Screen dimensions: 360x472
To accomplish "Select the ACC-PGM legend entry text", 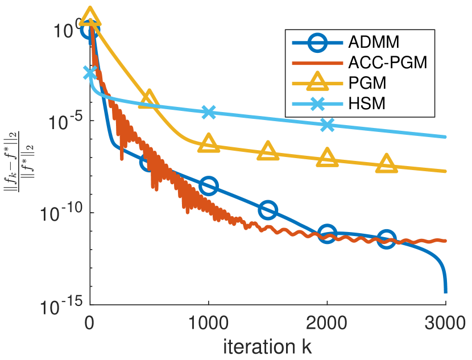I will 387,63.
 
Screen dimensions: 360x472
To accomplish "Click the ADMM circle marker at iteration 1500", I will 268,210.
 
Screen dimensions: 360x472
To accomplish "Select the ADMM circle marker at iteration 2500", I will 387,239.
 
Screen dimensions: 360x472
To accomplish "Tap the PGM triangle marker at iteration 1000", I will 209,143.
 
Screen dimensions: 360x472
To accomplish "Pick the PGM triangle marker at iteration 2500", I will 387,163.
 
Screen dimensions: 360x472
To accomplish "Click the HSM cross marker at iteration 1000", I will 209,111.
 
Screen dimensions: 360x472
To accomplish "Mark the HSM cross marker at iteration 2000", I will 327,125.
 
